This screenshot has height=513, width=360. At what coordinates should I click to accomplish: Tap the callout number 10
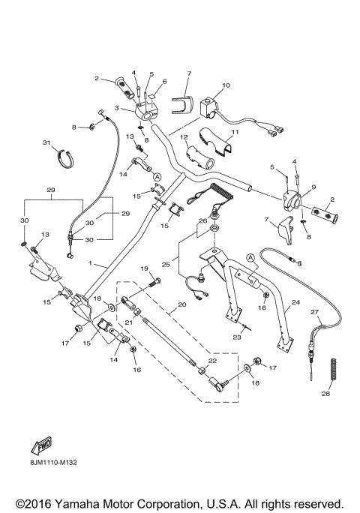(x=226, y=86)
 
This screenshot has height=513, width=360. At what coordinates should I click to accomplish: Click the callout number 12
(x=182, y=137)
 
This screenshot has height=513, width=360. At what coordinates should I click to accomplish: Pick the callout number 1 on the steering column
(x=91, y=265)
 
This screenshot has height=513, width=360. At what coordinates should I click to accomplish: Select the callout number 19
(x=144, y=268)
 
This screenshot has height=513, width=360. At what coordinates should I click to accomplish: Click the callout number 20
(x=181, y=306)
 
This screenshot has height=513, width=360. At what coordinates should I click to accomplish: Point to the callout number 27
(x=315, y=311)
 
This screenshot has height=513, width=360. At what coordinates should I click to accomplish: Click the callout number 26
(x=202, y=220)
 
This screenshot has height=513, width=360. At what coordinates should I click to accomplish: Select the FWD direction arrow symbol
(x=40, y=448)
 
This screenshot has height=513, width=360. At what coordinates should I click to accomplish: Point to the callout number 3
(x=115, y=108)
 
